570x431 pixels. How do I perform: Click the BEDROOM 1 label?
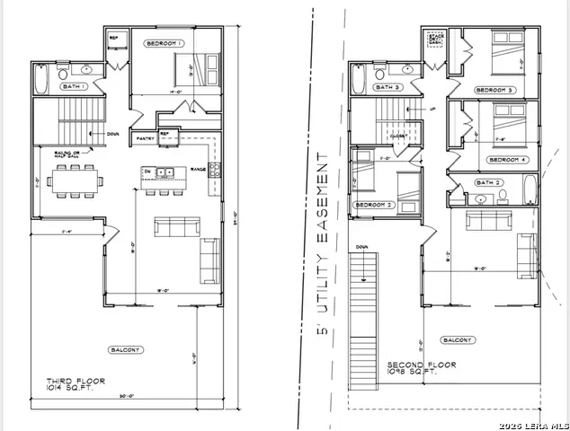click(165, 43)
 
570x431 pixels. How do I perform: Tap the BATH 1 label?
click(75, 87)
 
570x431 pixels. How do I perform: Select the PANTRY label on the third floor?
click(145, 139)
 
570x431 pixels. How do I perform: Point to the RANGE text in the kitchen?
click(199, 168)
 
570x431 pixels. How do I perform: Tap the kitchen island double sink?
click(164, 172)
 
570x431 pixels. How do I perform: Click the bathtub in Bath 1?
click(42, 80)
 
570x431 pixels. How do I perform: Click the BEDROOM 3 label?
click(494, 91)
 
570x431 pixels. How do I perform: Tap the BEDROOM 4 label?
click(508, 160)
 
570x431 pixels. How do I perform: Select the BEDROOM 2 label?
click(374, 205)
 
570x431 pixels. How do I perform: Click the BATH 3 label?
click(387, 87)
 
